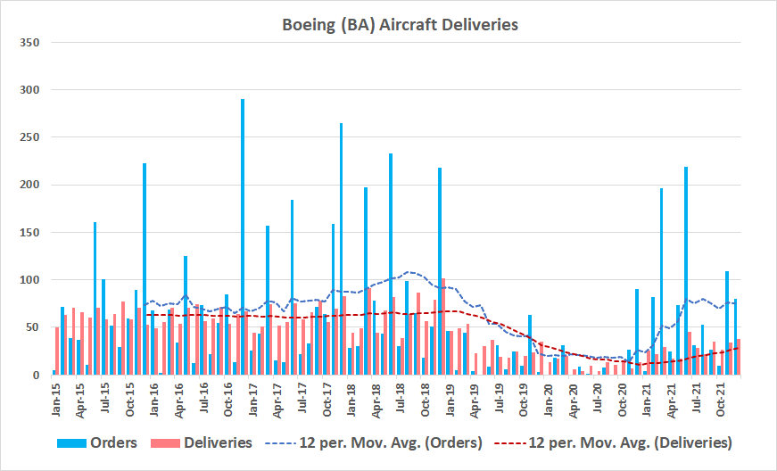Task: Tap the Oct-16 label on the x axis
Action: (227, 398)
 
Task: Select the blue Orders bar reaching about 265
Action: (341, 250)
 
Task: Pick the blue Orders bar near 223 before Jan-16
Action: (145, 268)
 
